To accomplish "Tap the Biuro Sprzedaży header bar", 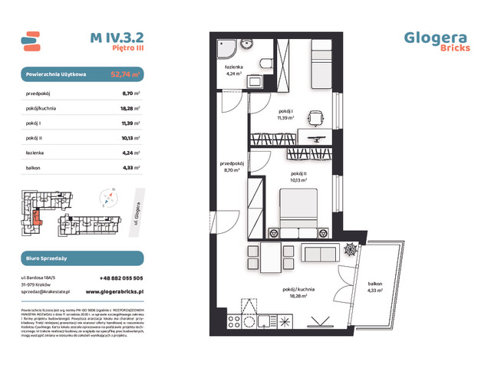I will (x=81, y=258).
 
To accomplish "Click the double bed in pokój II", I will (x=300, y=212).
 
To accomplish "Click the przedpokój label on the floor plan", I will (x=232, y=166).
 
